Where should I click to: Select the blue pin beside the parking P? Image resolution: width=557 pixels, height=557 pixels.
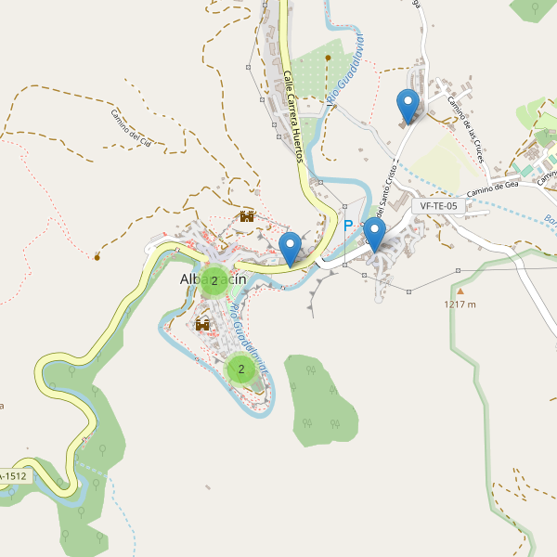pyautogui.click(x=374, y=234)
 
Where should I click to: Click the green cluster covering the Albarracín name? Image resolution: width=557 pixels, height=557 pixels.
pyautogui.click(x=214, y=280)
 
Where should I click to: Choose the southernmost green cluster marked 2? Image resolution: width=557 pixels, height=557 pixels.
pyautogui.click(x=241, y=369)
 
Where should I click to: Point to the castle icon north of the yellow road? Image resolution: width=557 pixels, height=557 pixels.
pyautogui.click(x=247, y=216)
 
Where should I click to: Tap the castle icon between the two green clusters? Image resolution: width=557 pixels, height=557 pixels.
pyautogui.click(x=202, y=324)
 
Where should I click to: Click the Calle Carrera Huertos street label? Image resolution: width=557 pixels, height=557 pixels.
pyautogui.click(x=293, y=117)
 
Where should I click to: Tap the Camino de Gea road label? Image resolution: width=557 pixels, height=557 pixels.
pyautogui.click(x=492, y=188)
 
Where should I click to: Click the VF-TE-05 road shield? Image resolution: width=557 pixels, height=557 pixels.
pyautogui.click(x=438, y=206)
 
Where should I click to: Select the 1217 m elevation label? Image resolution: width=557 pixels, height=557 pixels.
pyautogui.click(x=460, y=304)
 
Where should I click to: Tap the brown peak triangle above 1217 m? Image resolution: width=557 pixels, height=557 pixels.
pyautogui.click(x=459, y=291)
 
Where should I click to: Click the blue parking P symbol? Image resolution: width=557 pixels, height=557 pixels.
pyautogui.click(x=349, y=226)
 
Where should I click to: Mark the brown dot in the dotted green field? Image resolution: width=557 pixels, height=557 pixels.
pyautogui.click(x=329, y=57)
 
